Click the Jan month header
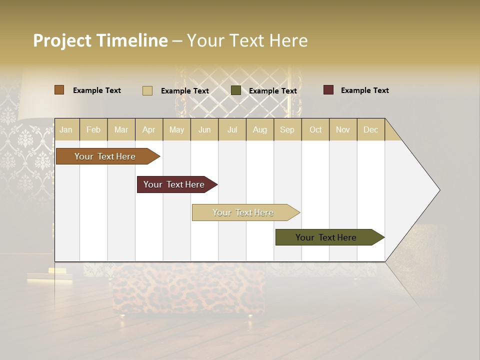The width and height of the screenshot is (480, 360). tap(66, 129)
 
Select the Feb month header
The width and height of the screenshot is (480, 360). tap(93, 129)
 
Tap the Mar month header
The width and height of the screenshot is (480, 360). tap(121, 129)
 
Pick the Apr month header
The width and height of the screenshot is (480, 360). tap(149, 129)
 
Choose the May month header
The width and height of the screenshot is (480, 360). tap(176, 129)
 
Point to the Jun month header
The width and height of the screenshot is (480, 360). tap(204, 129)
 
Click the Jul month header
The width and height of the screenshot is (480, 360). tap(232, 129)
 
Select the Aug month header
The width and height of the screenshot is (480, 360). tap(260, 129)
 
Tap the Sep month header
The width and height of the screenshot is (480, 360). tap(287, 129)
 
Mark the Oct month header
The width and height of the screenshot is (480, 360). tap(315, 129)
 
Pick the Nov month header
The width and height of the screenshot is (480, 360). tap(343, 129)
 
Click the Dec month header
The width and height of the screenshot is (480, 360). tap(371, 129)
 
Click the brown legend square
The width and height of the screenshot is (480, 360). tap(59, 90)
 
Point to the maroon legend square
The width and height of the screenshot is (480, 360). tap(328, 90)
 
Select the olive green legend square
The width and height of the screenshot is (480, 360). tap(236, 90)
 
